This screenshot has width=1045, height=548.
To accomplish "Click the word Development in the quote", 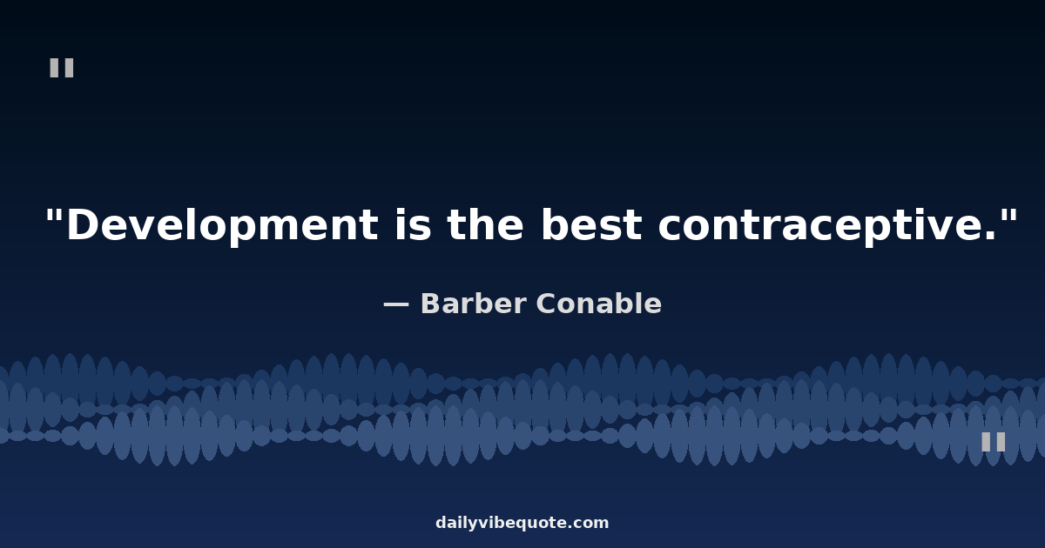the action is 222,225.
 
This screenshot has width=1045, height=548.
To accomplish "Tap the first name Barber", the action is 474,304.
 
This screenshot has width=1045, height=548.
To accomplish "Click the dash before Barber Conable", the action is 396,304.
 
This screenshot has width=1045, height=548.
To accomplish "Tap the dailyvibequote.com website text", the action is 522,523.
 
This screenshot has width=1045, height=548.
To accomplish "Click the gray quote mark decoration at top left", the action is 62,68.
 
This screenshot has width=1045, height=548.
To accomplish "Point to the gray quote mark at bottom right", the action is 994,442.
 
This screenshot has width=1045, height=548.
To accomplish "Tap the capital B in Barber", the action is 433,304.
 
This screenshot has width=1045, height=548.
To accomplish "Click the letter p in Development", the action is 243,230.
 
